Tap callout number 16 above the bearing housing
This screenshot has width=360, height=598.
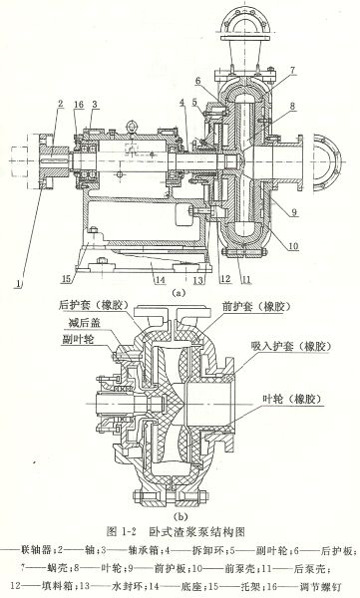[x=78, y=103]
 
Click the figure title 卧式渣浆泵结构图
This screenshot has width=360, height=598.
[x=205, y=533]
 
